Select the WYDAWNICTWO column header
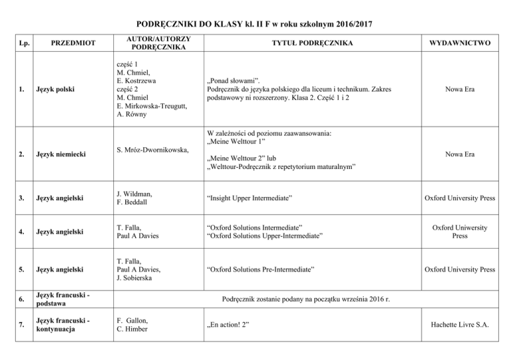click(459, 43)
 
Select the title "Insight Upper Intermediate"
click(250, 198)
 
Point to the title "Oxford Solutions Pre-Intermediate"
click(260, 270)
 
